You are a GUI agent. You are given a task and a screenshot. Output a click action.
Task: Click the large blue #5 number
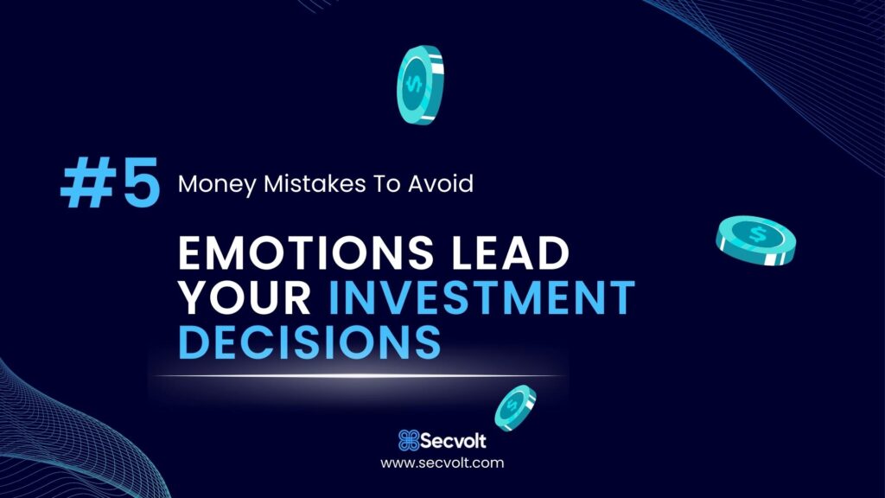pos(111,182)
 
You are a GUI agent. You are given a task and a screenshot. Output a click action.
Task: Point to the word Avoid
pos(441,183)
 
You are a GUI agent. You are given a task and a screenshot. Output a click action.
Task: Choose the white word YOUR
pos(245,297)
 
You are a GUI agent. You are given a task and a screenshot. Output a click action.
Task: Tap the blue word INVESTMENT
pos(481,297)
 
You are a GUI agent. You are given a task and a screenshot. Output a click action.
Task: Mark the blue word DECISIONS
pos(309,341)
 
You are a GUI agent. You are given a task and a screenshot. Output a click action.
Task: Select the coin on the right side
pos(755,240)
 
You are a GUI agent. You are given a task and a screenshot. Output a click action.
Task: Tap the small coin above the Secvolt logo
pos(515,408)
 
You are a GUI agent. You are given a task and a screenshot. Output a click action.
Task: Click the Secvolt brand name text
pos(453,440)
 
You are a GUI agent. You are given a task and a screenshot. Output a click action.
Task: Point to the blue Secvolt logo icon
pos(409,440)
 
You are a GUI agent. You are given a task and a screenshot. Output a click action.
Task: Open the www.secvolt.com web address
pos(442,463)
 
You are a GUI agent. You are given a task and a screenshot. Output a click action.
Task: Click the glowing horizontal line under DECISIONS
pos(359,375)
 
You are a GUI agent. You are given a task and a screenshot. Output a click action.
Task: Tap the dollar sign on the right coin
pos(756,233)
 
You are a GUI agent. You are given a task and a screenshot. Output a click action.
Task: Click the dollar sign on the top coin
pos(414,85)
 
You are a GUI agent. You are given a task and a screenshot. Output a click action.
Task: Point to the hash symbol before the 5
pos(88,182)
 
